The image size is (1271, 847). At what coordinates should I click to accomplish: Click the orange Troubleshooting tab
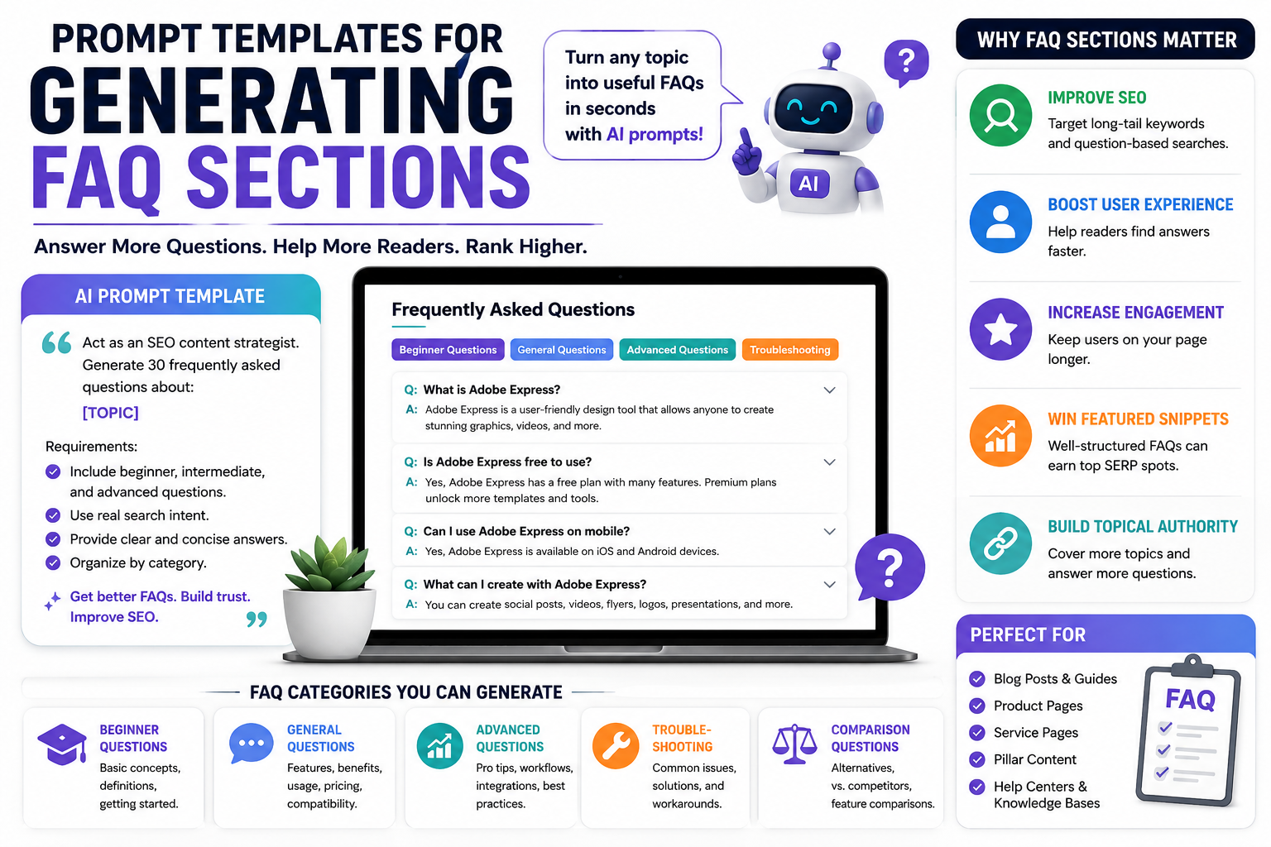[790, 349]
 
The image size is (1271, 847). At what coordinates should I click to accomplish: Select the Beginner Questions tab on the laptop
[448, 349]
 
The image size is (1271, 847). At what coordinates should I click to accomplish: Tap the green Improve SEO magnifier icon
[1000, 115]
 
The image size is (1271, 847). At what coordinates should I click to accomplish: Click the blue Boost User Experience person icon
[1000, 222]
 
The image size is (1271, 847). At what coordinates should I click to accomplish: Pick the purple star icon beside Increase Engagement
[1000, 329]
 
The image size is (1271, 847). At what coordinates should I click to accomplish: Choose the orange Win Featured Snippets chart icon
[1000, 436]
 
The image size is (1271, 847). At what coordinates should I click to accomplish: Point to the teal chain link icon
[1000, 543]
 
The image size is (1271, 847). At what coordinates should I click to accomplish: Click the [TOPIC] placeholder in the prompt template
[111, 413]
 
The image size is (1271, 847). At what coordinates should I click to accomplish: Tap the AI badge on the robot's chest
[810, 184]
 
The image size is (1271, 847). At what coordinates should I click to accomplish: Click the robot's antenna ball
[832, 50]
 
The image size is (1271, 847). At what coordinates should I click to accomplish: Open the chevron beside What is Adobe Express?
[830, 390]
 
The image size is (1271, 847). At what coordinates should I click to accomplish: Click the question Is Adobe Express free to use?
[506, 462]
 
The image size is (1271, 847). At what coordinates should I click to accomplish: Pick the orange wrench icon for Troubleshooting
[616, 745]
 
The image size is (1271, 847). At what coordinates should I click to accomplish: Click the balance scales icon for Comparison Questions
[794, 744]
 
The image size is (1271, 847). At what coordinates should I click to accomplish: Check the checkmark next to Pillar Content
[977, 759]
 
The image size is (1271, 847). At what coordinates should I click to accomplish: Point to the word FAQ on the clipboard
[1190, 700]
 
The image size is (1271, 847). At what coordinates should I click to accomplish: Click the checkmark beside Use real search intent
[53, 515]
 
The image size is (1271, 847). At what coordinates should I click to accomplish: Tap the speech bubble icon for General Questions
[251, 744]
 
